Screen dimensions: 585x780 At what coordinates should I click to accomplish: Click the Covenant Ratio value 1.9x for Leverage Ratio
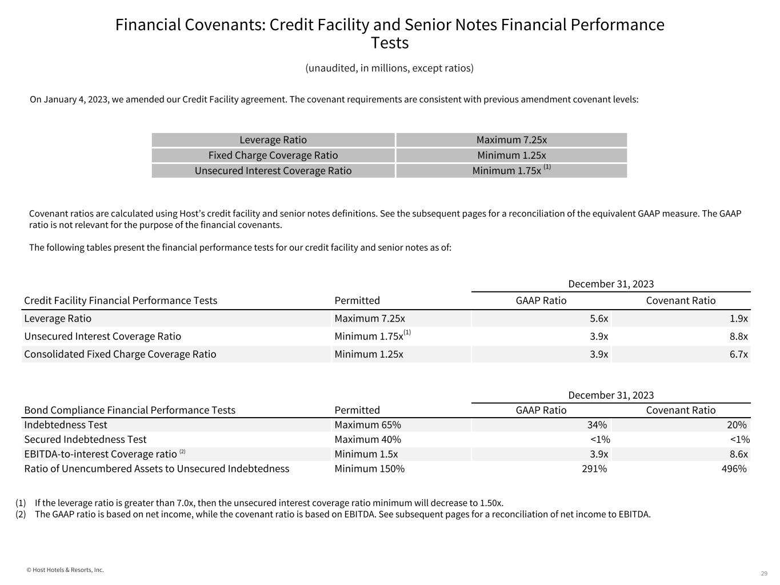738,319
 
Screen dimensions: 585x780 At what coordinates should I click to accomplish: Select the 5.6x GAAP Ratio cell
599,319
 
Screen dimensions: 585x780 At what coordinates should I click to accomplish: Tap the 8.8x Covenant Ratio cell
738,336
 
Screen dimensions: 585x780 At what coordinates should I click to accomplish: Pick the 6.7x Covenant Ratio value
738,354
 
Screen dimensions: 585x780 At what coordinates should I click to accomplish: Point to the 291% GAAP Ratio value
594,469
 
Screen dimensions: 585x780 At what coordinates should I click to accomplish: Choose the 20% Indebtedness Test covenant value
737,425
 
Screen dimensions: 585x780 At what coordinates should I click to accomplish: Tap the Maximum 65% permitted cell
367,425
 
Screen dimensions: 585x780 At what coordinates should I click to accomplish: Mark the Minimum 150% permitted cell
369,469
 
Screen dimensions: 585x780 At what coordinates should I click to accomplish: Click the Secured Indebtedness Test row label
85,439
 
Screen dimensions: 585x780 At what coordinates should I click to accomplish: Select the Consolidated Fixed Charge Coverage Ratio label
120,354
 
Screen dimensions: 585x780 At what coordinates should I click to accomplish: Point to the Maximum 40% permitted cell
367,439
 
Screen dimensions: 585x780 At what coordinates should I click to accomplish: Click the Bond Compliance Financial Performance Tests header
130,410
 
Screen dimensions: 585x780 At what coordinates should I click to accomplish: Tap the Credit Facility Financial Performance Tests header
121,300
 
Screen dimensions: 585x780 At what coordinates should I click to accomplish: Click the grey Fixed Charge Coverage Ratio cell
273,155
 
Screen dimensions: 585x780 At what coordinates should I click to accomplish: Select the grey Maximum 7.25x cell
511,140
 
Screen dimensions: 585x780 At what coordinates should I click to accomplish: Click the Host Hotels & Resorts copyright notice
65,570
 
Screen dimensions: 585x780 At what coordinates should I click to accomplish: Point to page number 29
764,574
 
